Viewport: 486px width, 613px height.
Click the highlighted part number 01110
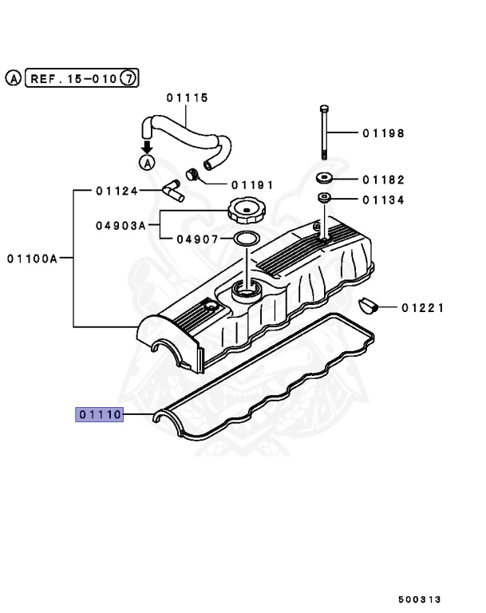pyautogui.click(x=99, y=414)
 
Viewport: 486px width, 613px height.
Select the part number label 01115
pyautogui.click(x=187, y=97)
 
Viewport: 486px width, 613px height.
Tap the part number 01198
pyautogui.click(x=383, y=133)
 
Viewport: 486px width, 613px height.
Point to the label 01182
pyautogui.click(x=383, y=180)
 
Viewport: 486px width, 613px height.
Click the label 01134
pyautogui.click(x=383, y=200)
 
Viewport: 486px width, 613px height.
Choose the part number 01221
pyautogui.click(x=423, y=307)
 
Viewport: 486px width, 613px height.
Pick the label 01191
pyautogui.click(x=252, y=184)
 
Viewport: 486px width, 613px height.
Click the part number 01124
pyautogui.click(x=117, y=191)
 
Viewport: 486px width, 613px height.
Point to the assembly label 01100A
pyautogui.click(x=33, y=258)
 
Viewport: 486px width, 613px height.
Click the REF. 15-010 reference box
pyautogui.click(x=73, y=78)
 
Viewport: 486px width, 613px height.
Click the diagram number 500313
pyautogui.click(x=420, y=599)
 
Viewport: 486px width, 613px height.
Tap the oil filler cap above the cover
pyautogui.click(x=246, y=212)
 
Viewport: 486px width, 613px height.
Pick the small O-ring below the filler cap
pyautogui.click(x=246, y=238)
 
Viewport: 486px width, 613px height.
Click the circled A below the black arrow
pyautogui.click(x=147, y=163)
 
